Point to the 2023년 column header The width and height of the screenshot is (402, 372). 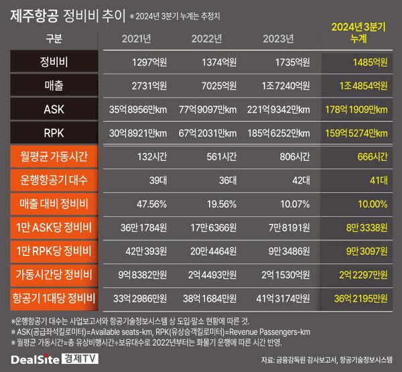click(x=279, y=38)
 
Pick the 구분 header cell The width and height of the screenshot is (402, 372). click(x=54, y=38)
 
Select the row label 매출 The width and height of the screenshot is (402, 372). click(x=54, y=86)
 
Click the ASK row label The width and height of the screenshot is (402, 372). click(x=54, y=109)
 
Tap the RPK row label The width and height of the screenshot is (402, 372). click(x=54, y=133)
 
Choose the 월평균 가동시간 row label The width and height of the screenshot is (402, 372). click(x=54, y=157)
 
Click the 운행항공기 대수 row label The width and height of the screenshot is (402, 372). click(x=54, y=180)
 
